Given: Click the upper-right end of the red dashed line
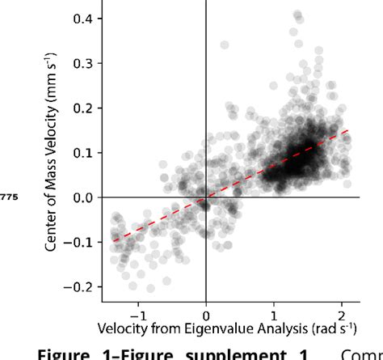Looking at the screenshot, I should click(348, 129).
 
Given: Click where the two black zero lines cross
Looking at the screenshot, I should click(206, 197).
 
